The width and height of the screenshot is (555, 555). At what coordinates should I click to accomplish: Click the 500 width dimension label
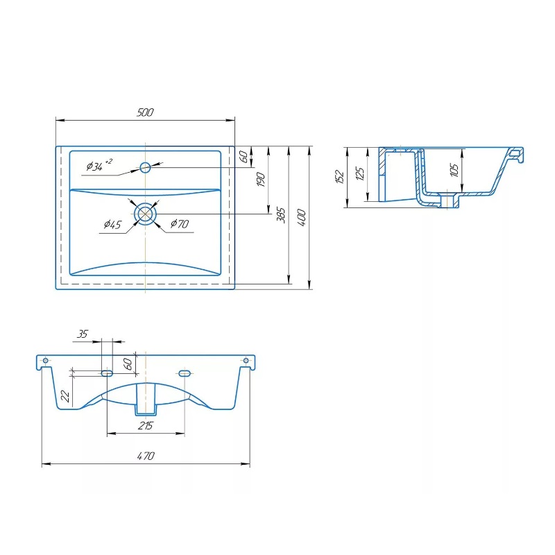(x=145, y=112)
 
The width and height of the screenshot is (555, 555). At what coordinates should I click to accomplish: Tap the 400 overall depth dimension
(x=301, y=217)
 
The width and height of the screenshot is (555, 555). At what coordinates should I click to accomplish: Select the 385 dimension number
(x=281, y=215)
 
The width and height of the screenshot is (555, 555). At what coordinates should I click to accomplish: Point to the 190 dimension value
(x=261, y=180)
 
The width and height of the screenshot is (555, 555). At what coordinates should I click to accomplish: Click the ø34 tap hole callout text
(x=99, y=165)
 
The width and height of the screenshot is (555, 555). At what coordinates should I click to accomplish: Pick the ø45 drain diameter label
(x=112, y=224)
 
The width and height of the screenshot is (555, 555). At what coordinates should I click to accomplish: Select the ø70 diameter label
(x=180, y=223)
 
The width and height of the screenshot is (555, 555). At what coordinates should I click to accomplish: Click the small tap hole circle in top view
(x=145, y=167)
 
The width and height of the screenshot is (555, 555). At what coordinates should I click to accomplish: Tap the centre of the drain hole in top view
(x=145, y=214)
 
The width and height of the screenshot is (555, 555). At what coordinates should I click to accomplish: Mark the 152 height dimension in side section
(x=339, y=176)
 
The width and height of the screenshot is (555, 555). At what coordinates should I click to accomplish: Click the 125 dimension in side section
(x=359, y=174)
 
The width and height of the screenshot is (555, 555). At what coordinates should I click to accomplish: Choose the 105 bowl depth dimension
(x=454, y=169)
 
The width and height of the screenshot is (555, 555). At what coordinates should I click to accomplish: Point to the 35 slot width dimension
(x=83, y=334)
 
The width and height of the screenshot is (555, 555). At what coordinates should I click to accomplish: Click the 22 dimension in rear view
(x=65, y=395)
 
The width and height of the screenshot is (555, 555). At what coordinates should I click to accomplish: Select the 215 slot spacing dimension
(x=146, y=425)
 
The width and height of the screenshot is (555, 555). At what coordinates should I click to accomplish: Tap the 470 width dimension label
(x=146, y=456)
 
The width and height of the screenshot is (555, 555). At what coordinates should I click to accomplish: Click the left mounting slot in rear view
(x=107, y=373)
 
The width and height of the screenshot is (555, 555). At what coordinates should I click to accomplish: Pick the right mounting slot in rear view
(x=185, y=373)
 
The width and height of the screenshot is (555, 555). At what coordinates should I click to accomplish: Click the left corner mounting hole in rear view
(x=45, y=361)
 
